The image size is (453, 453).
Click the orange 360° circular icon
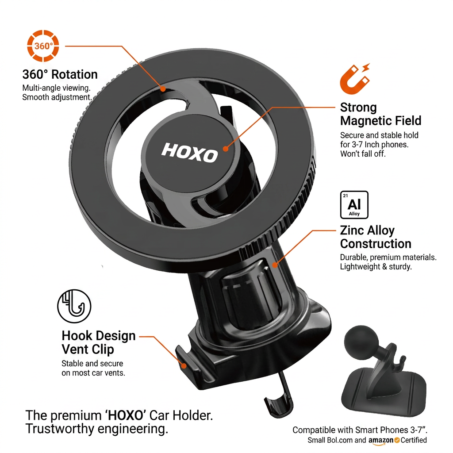pyautogui.click(x=43, y=46)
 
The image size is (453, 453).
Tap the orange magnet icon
pyautogui.click(x=355, y=79)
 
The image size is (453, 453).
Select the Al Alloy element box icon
pyautogui.click(x=354, y=205)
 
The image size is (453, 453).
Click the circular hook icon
pyautogui.click(x=74, y=306)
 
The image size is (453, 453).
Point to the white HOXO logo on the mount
pyautogui.click(x=189, y=153)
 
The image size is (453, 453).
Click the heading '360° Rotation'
pyautogui.click(x=60, y=74)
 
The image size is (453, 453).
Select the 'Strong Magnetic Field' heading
pyautogui.click(x=381, y=114)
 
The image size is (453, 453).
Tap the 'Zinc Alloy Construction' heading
pyautogui.click(x=376, y=237)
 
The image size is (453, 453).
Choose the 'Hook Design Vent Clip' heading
pyautogui.click(x=99, y=343)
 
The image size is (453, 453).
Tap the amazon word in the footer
pyautogui.click(x=381, y=440)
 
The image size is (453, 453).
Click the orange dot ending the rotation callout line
pyautogui.click(x=163, y=89)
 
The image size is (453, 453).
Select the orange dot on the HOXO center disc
pyautogui.click(x=226, y=149)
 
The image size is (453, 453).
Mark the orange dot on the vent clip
pyautogui.click(x=184, y=366)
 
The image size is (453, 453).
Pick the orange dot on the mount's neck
pyautogui.click(x=275, y=265)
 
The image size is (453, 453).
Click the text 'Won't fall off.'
pyautogui.click(x=363, y=154)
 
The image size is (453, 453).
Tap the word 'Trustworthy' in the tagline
pyautogui.click(x=60, y=429)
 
